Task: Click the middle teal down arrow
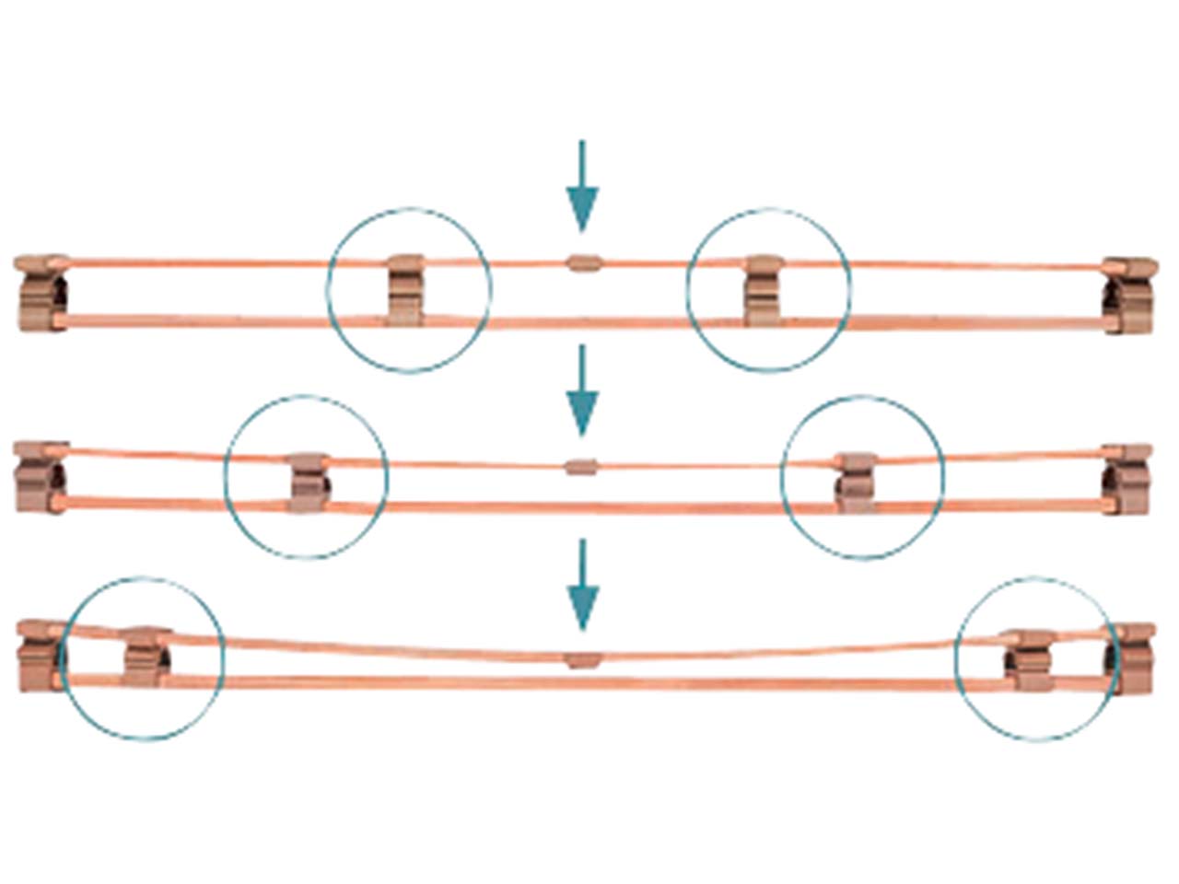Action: [581, 390]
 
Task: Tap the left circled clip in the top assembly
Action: [405, 290]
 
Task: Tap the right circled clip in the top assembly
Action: [764, 291]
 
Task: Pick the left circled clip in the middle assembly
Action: [308, 482]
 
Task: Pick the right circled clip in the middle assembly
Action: [858, 482]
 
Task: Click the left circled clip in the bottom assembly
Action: [146, 657]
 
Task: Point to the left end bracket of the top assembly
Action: [42, 292]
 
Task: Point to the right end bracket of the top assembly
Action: [1128, 294]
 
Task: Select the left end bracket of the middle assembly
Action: [42, 476]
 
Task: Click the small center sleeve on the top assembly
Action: [582, 263]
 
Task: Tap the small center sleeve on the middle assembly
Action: [580, 466]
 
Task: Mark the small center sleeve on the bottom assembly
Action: [582, 659]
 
